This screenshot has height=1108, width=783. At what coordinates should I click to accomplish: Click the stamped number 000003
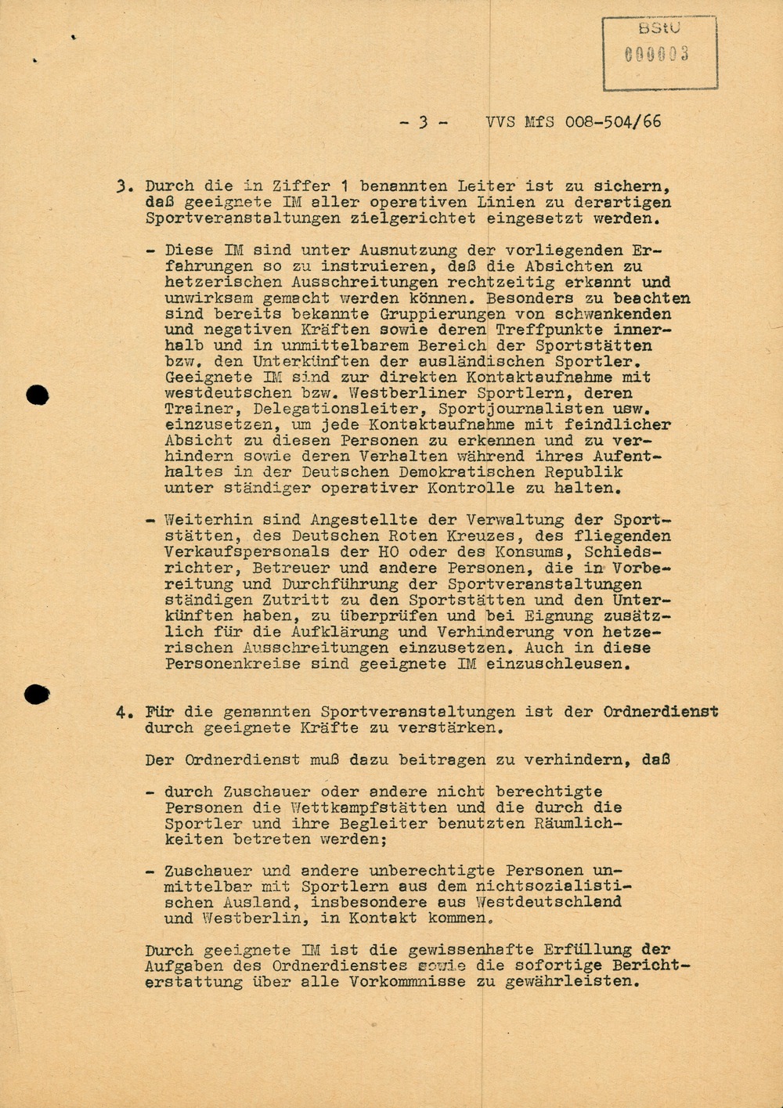point(656,55)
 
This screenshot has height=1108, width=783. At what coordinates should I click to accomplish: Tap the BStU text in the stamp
point(659,27)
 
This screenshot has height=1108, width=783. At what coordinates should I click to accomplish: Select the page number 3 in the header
point(423,122)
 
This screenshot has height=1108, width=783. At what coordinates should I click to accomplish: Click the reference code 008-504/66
point(613,121)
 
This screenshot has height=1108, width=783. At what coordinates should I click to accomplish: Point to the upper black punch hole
point(37,395)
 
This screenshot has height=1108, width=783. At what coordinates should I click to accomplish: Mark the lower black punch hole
point(37,694)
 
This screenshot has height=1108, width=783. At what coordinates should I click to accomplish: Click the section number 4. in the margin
point(124,713)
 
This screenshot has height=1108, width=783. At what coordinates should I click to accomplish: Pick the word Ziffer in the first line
point(301,186)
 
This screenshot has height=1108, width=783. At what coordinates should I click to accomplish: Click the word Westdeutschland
point(547,902)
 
